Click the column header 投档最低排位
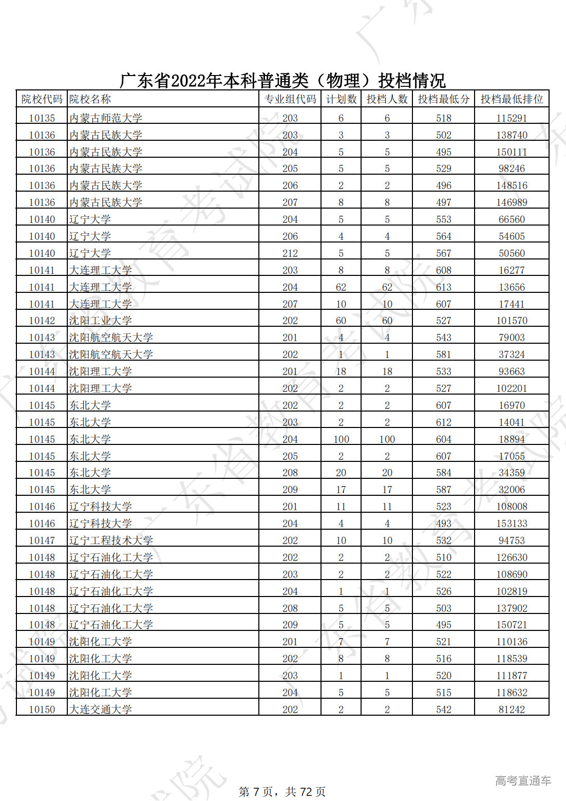512,99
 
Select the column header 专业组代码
290,99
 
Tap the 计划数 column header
341,99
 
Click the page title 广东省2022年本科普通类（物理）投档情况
282,81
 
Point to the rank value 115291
512,118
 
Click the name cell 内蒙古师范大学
106,118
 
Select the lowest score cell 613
443,287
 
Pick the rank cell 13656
512,287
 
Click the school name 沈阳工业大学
101,321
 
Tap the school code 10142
42,321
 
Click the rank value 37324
512,355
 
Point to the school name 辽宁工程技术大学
111,541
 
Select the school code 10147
42,541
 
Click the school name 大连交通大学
101,710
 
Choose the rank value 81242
512,710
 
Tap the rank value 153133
512,524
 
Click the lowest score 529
443,169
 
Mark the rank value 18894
512,439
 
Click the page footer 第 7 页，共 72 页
282,792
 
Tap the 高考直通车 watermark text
523,781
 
